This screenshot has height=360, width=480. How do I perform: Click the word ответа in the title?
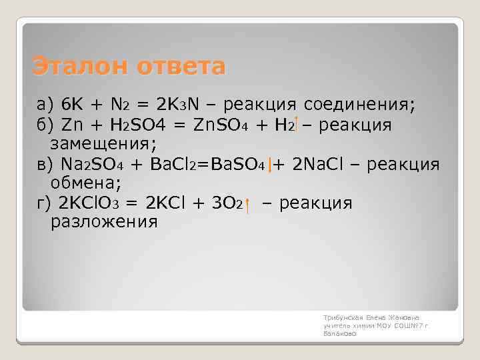tap(181, 67)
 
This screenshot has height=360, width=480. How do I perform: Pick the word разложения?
tap(104, 221)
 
